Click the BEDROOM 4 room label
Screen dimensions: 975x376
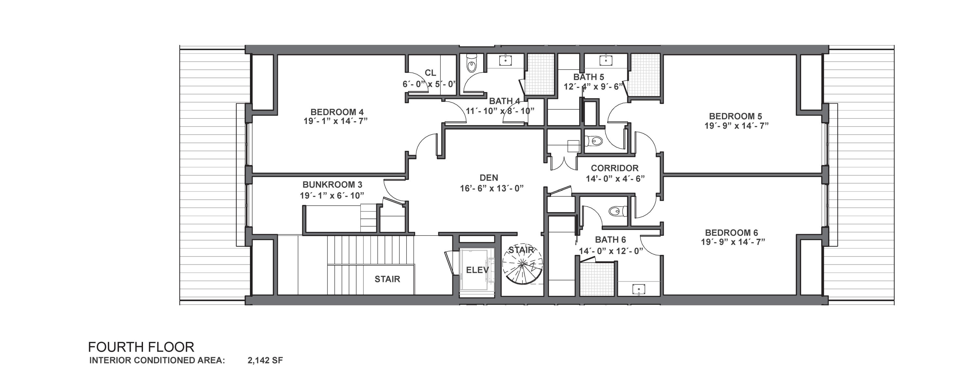pyautogui.click(x=337, y=112)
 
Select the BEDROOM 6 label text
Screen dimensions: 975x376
pyautogui.click(x=731, y=233)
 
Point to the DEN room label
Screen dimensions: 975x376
pyautogui.click(x=488, y=177)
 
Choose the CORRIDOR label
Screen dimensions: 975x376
pyautogui.click(x=615, y=168)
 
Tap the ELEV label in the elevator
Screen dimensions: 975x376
pyautogui.click(x=477, y=270)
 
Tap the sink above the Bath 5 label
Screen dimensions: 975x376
pyautogui.click(x=606, y=59)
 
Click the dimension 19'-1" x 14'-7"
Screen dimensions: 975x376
pyautogui.click(x=336, y=121)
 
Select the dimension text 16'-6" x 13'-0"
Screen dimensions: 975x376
pyautogui.click(x=492, y=188)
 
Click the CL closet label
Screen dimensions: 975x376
pyautogui.click(x=430, y=73)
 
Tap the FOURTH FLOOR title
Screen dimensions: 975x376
pyautogui.click(x=141, y=347)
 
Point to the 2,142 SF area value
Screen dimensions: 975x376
pyautogui.click(x=265, y=360)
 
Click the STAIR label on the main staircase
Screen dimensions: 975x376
pyautogui.click(x=387, y=279)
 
